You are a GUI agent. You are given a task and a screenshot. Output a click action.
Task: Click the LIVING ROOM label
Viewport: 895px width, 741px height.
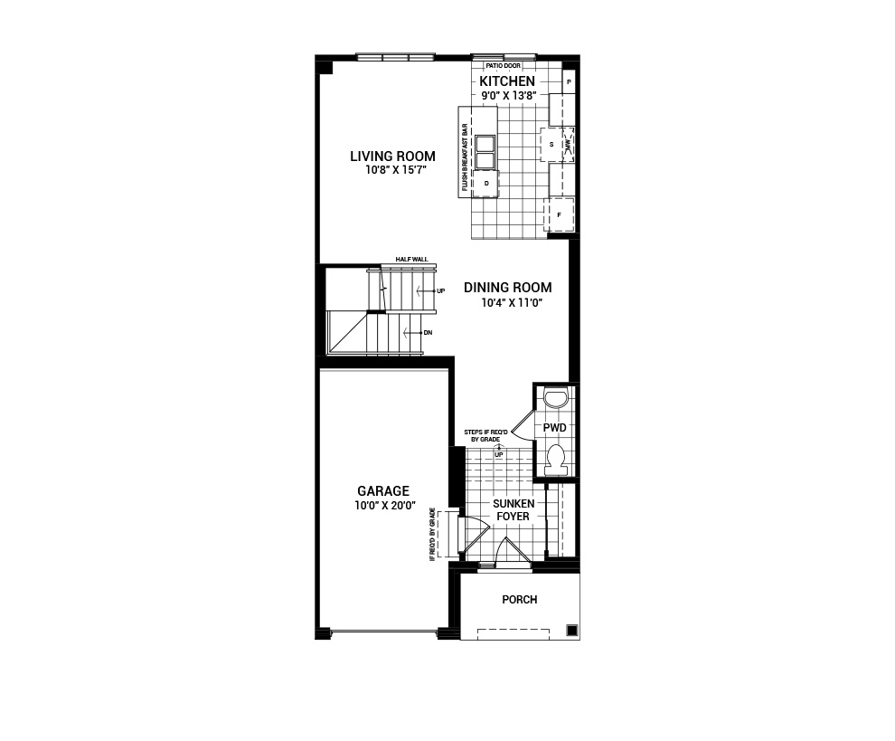(392, 156)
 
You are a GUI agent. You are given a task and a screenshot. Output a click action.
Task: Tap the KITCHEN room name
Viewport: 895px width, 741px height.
(507, 81)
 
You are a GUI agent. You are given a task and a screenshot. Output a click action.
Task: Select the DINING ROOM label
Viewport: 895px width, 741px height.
(507, 288)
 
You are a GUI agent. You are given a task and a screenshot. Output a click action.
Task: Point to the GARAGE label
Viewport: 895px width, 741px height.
(383, 490)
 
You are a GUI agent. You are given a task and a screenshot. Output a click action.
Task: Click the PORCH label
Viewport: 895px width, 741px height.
(520, 599)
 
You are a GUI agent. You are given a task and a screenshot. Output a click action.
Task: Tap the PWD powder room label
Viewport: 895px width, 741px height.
(555, 427)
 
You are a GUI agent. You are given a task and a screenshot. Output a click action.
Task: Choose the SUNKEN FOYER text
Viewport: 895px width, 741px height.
(513, 509)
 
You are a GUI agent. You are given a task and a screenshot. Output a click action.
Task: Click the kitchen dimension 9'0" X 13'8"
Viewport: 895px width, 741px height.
(507, 95)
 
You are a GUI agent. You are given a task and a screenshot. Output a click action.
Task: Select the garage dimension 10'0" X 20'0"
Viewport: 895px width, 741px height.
(384, 505)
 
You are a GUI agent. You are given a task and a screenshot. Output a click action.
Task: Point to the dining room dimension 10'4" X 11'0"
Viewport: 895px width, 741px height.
(511, 303)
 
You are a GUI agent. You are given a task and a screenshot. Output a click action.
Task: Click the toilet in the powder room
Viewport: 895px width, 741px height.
(555, 460)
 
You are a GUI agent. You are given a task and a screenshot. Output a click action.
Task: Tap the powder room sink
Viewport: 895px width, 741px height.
(555, 397)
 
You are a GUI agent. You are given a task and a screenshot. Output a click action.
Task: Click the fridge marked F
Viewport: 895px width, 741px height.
(560, 214)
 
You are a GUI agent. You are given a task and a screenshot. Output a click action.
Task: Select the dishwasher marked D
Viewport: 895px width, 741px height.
(486, 184)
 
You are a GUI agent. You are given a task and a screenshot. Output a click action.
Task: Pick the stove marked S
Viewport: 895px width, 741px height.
(551, 145)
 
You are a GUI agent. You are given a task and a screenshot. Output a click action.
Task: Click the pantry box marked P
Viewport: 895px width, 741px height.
(569, 82)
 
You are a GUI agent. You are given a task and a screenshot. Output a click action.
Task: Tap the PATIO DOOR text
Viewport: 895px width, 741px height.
(504, 66)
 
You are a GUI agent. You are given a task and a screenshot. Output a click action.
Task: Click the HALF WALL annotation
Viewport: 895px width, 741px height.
(411, 260)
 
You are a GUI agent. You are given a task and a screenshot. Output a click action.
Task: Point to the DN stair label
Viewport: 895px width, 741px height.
(429, 333)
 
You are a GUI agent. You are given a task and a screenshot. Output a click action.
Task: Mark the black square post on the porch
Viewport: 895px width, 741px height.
(571, 630)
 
